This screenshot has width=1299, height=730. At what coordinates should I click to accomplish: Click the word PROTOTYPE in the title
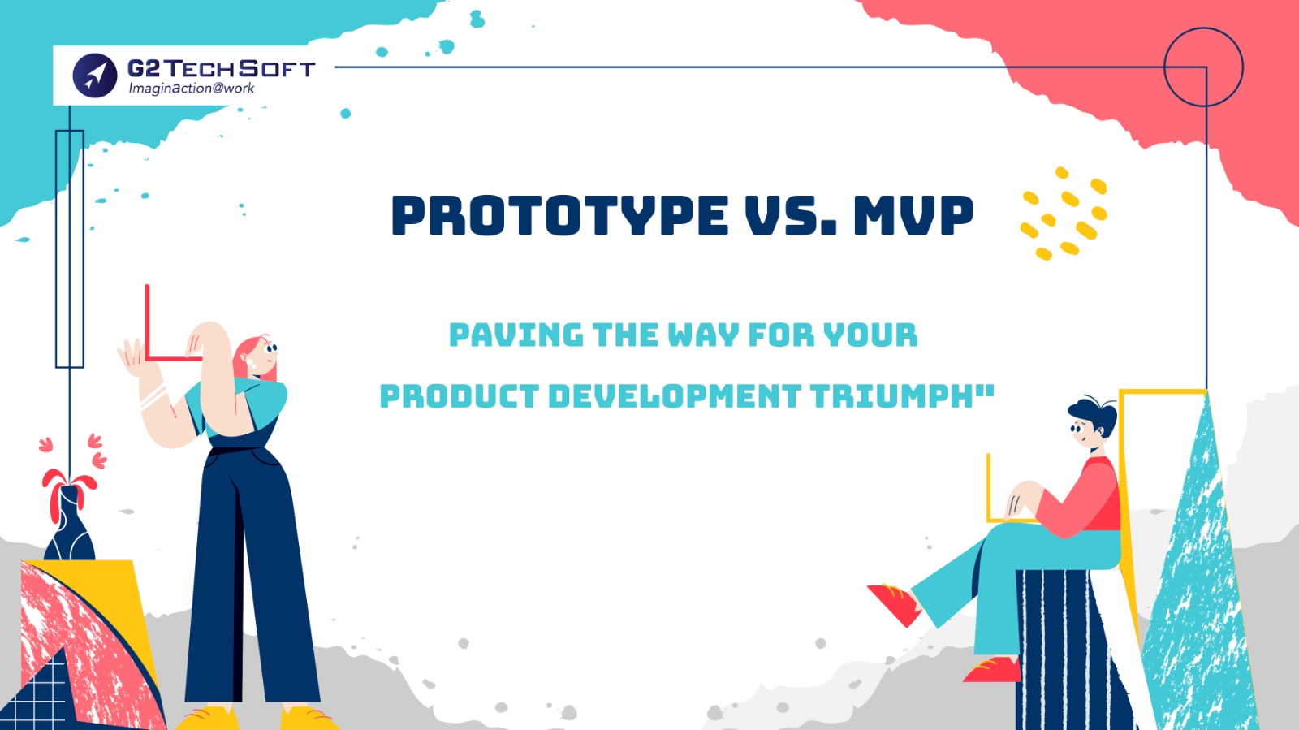(559, 215)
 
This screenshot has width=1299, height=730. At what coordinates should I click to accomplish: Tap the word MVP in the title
(913, 215)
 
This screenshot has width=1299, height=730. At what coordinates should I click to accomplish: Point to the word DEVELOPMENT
(675, 396)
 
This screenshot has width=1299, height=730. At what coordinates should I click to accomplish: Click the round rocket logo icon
(95, 76)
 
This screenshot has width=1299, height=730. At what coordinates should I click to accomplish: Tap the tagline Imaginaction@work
(192, 89)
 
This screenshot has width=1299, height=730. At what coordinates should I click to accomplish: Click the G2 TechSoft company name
(221, 68)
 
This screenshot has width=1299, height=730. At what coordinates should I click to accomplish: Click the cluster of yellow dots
(1064, 214)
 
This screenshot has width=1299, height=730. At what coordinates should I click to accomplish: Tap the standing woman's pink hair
(248, 356)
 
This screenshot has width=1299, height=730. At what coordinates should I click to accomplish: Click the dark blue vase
(69, 525)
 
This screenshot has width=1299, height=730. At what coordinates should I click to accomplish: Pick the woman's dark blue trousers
(249, 580)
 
